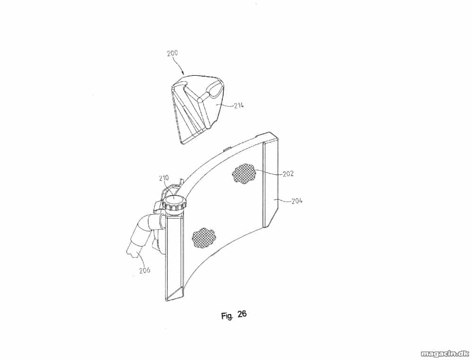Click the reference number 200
tap(173, 53)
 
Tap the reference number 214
tap(238, 105)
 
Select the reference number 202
tap(288, 174)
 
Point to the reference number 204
tap(297, 201)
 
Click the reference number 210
tap(164, 178)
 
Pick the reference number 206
tap(145, 270)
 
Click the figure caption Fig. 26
tap(234, 315)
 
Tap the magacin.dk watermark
tap(445, 353)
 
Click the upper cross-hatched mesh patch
tap(243, 173)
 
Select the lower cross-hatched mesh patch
tap(204, 238)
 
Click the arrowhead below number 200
tap(184, 73)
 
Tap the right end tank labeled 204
tap(271, 184)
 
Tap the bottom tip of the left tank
tap(166, 301)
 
